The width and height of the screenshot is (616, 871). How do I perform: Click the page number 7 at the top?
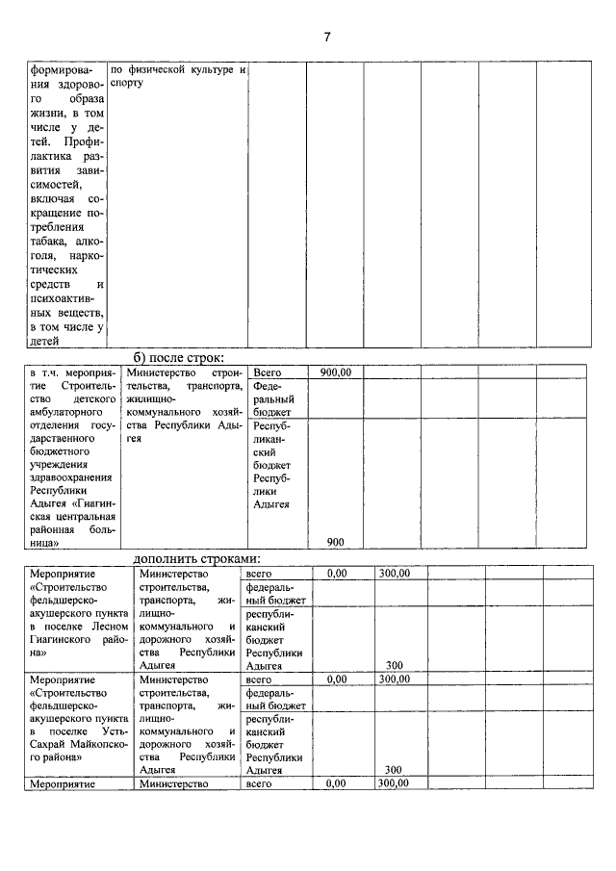coord(326,38)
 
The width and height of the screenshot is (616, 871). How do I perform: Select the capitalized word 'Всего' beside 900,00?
coord(269,372)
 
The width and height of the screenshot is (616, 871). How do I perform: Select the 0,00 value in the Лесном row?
coord(336,573)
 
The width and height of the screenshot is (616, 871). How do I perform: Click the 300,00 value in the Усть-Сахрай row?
coord(394,679)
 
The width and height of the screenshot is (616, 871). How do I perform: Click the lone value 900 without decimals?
coord(335,542)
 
